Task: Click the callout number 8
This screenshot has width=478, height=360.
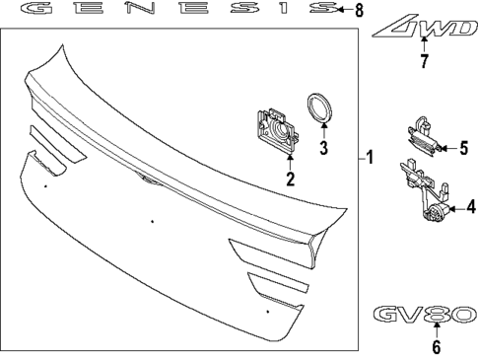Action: [x=360, y=10]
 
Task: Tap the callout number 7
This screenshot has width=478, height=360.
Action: [x=424, y=61]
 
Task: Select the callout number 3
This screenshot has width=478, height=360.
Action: [x=324, y=148]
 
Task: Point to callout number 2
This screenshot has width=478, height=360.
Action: [x=290, y=180]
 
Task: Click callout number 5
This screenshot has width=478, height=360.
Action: [x=463, y=148]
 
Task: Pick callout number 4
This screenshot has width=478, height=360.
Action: [x=471, y=208]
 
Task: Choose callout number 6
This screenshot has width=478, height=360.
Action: [x=436, y=347]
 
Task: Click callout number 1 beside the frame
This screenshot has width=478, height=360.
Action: [x=370, y=158]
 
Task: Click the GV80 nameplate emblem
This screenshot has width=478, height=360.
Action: [x=425, y=314]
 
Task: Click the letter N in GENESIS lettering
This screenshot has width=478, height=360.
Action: [x=140, y=8]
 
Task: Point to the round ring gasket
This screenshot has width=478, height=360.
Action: [x=319, y=108]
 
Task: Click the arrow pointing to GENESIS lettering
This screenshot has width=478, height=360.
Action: [x=345, y=10]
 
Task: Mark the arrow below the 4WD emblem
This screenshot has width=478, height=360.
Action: [x=424, y=44]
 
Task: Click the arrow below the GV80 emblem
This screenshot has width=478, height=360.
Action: [x=437, y=330]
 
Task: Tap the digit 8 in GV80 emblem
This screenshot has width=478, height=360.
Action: [x=437, y=314]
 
